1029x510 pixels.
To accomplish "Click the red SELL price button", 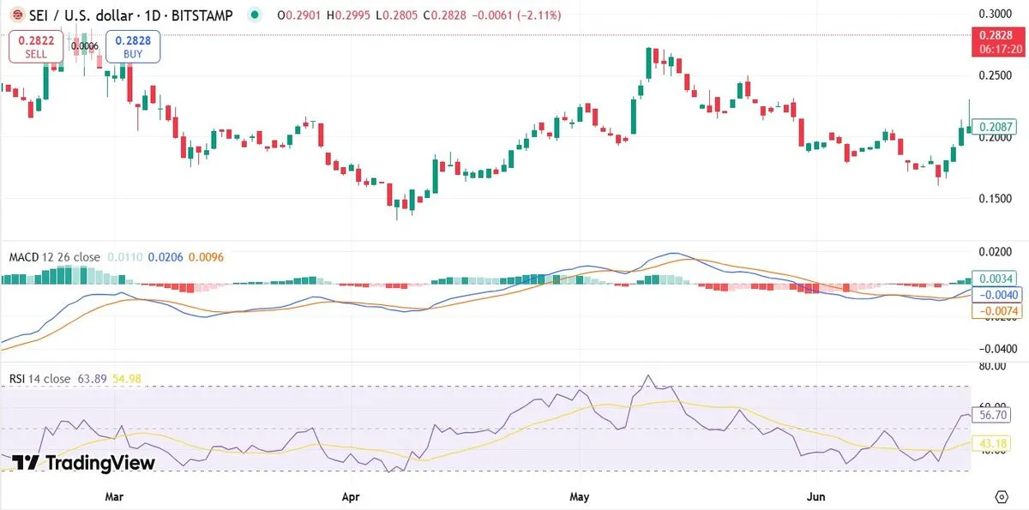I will tap(36, 46).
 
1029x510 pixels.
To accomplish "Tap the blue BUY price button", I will tap(133, 46).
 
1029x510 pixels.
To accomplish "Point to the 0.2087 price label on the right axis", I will tap(996, 127).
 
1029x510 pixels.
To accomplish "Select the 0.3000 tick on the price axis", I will tap(996, 14).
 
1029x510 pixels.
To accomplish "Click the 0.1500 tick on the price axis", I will tap(996, 199).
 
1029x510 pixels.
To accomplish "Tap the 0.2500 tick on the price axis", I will tap(996, 76).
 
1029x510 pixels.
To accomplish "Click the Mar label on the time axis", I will tap(114, 496).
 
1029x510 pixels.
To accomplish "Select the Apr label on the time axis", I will tap(349, 496).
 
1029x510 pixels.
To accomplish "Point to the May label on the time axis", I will tap(580, 496).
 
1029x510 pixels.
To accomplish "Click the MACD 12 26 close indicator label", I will tap(54, 257).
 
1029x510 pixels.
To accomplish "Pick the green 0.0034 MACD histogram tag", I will tap(996, 279).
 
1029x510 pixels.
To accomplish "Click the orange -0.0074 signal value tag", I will tap(996, 311).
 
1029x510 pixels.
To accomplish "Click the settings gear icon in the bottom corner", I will tap(1001, 496).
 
